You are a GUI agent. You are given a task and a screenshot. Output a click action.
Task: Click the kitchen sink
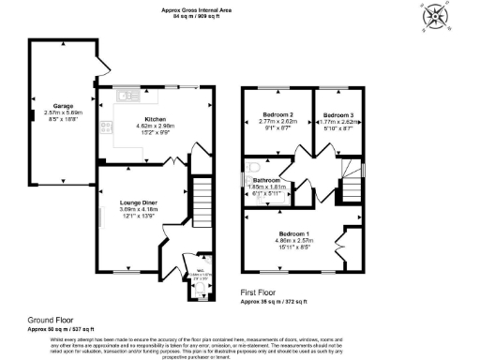[x=124, y=97]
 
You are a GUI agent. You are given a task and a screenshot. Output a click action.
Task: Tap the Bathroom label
[x=266, y=179]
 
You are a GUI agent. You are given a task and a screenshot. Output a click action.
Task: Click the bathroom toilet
[x=252, y=170]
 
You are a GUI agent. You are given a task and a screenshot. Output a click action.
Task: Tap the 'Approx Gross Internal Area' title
[x=195, y=9]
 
